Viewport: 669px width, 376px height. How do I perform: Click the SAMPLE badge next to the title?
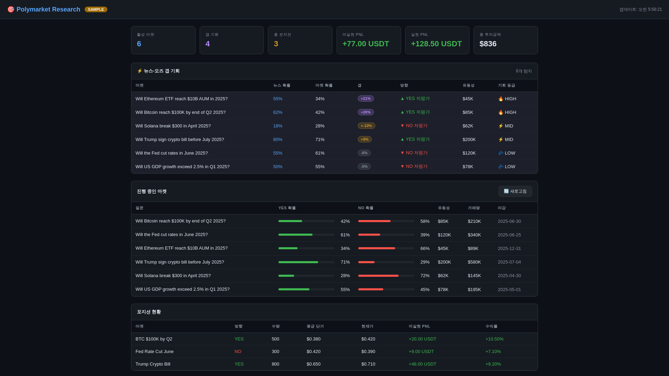[96, 9]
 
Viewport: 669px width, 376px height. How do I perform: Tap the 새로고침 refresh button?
[515, 191]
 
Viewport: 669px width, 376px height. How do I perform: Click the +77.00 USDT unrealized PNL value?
[366, 44]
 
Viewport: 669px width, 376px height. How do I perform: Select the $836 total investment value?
[488, 44]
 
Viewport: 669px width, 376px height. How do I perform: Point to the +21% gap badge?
[366, 99]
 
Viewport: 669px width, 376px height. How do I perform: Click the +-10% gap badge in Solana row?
[366, 126]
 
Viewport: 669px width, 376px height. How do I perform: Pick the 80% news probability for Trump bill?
[278, 139]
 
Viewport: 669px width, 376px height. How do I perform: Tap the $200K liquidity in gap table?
[469, 139]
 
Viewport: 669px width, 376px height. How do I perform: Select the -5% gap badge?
[364, 166]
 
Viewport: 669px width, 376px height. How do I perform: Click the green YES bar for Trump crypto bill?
[298, 262]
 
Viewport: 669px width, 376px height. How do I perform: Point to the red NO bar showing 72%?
[378, 276]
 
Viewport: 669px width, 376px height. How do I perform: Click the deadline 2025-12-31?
[509, 248]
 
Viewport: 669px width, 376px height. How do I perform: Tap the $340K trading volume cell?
[474, 235]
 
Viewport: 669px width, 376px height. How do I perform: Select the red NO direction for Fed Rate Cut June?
[238, 351]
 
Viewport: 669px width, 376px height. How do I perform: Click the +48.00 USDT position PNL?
[422, 364]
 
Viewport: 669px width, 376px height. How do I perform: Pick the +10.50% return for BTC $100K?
[494, 339]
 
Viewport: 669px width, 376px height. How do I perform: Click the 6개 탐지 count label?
[524, 71]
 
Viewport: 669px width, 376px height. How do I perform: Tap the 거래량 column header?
[474, 208]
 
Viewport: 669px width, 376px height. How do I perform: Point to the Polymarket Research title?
[48, 9]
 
